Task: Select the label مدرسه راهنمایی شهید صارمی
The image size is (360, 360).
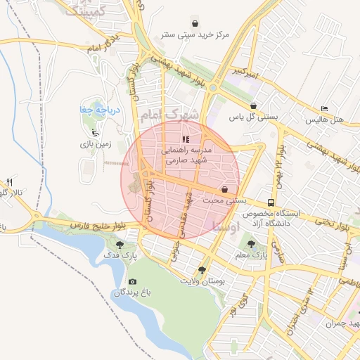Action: pos(187,155)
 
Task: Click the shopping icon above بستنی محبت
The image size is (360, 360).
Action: pos(224,189)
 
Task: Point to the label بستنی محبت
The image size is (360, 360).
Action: pos(224,201)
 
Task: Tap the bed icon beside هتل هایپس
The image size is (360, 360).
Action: pos(323,108)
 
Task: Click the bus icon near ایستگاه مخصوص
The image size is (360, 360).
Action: pos(271,202)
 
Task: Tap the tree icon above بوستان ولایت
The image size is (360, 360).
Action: pos(202,269)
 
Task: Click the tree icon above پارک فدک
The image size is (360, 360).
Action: pos(120,245)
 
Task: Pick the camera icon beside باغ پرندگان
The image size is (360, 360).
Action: pos(133,281)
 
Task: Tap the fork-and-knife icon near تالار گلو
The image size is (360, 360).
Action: pos(10,182)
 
